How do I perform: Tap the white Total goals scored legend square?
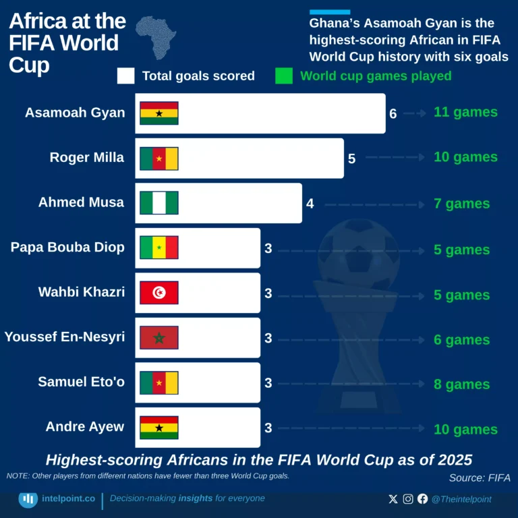(x=125, y=76)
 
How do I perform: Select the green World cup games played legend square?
(x=284, y=76)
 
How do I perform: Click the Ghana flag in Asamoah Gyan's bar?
(x=159, y=113)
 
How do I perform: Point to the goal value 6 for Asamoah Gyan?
(x=393, y=113)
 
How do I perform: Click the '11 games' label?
(x=465, y=112)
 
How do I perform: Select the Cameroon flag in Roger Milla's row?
(x=159, y=159)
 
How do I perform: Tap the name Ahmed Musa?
(x=81, y=202)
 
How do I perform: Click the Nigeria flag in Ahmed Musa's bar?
(x=159, y=203)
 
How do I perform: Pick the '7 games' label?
(x=461, y=204)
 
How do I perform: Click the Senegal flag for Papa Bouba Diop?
(x=159, y=248)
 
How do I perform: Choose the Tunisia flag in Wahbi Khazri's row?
(x=159, y=293)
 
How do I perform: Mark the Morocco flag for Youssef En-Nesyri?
(x=159, y=338)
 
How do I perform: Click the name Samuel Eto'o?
(x=81, y=382)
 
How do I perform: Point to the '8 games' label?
(x=461, y=384)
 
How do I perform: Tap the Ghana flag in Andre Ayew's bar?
(x=159, y=428)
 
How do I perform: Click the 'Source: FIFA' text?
(x=480, y=478)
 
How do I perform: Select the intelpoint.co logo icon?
(x=28, y=499)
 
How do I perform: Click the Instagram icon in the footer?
(x=408, y=499)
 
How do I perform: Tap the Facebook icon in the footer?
(x=422, y=499)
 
